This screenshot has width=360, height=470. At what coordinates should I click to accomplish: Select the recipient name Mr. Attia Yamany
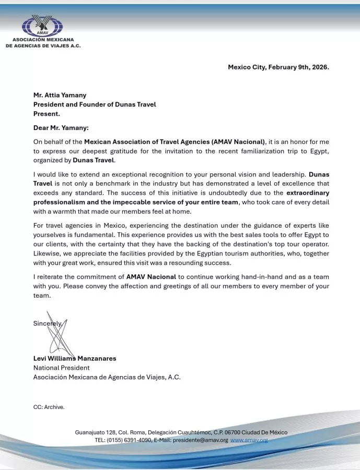click(x=60, y=95)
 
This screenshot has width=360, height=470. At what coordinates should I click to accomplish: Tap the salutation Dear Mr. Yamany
click(x=61, y=127)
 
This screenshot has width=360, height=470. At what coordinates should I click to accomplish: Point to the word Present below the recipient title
click(x=47, y=113)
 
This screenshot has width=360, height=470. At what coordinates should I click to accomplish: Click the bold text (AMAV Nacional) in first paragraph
click(x=239, y=142)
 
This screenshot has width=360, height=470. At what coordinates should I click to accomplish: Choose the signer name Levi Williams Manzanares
click(x=75, y=358)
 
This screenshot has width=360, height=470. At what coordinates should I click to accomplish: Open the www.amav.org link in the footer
click(x=249, y=440)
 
